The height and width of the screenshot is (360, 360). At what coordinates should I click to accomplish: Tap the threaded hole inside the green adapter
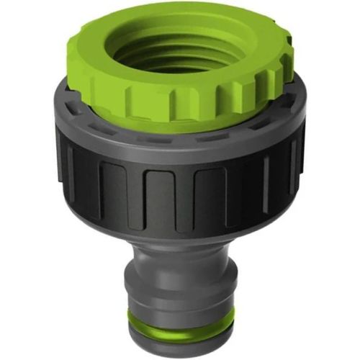point(180,54)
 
